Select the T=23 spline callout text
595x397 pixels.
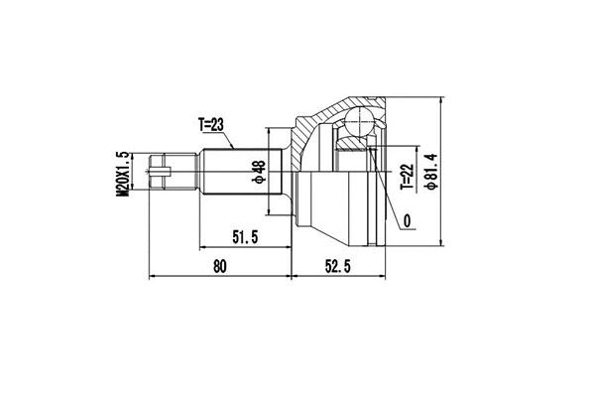(212, 125)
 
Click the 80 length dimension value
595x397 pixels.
(220, 266)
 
